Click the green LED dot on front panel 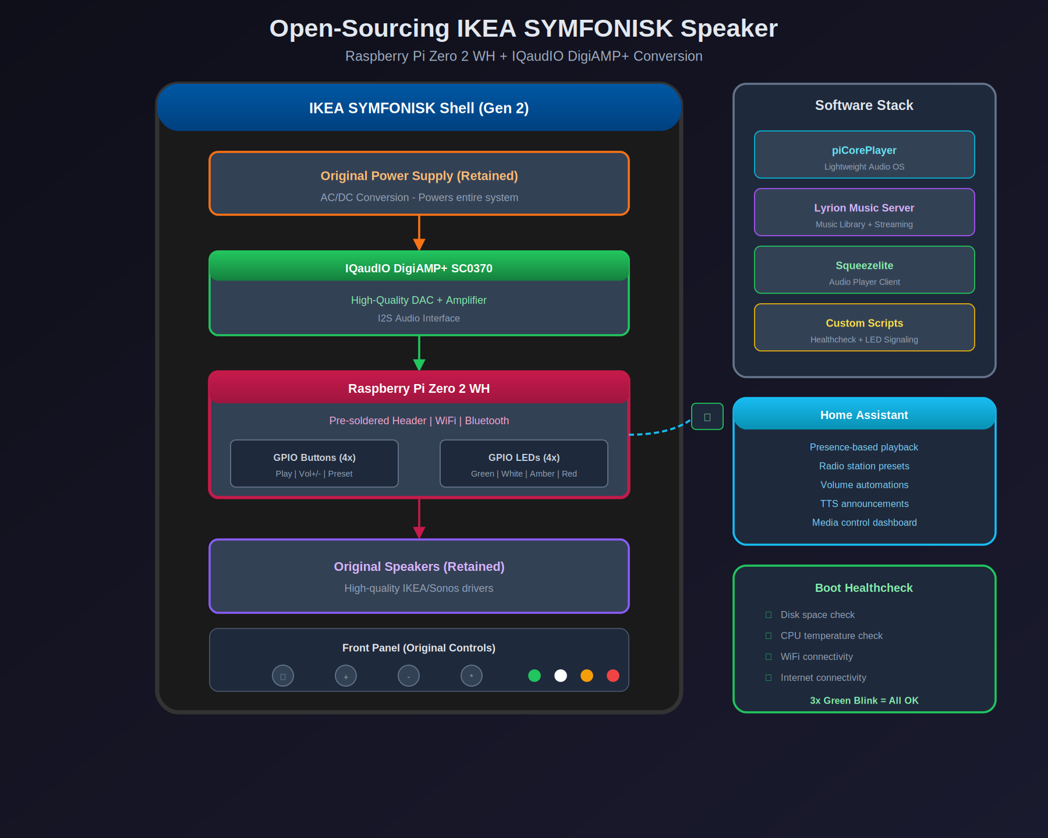click(534, 676)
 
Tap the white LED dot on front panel click(561, 676)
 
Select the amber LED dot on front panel click(587, 676)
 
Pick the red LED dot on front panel click(613, 676)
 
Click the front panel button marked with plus click(346, 676)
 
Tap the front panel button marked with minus click(409, 676)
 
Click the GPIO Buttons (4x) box click(314, 464)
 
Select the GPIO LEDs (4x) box click(524, 464)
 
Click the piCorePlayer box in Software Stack click(864, 155)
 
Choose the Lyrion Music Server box click(864, 212)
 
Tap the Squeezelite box click(864, 270)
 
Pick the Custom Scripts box click(864, 328)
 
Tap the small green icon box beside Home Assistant click(707, 417)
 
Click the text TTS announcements click(864, 504)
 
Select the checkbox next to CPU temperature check click(769, 636)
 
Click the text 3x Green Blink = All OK click(864, 701)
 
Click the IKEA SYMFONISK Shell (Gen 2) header click(419, 108)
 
